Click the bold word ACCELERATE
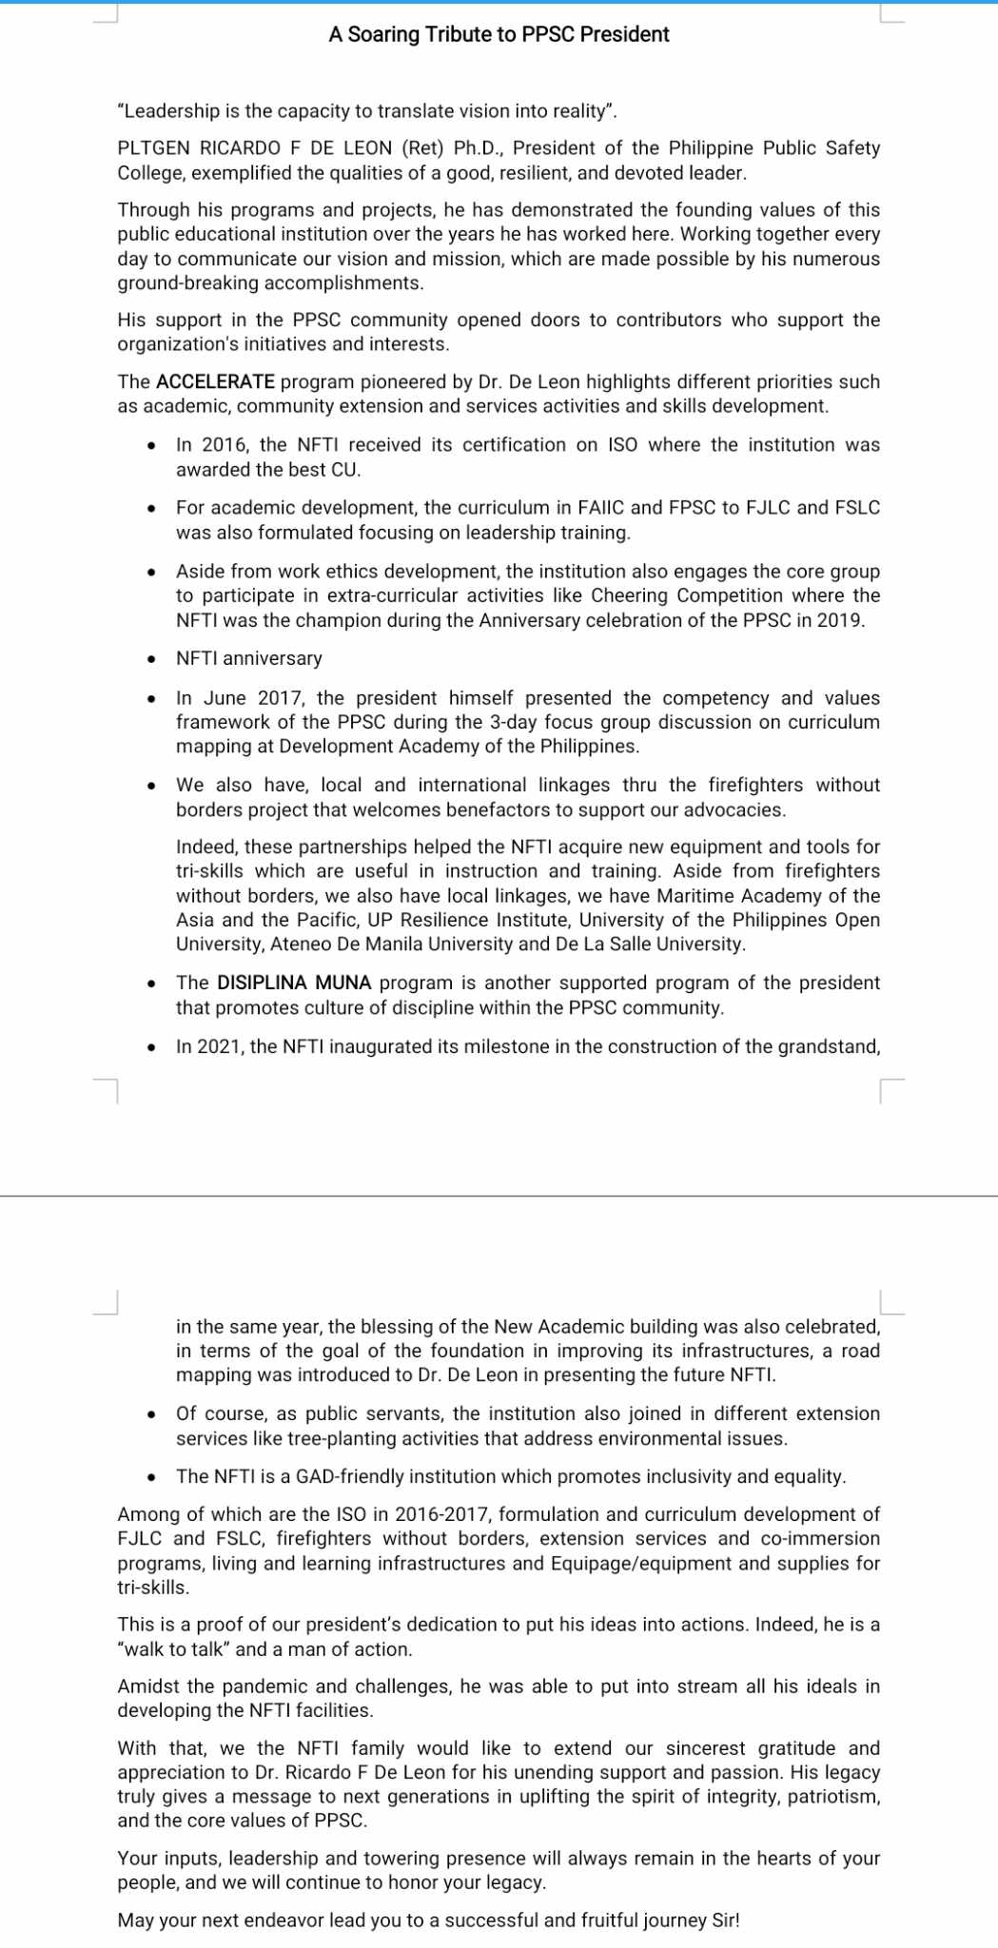pyautogui.click(x=215, y=382)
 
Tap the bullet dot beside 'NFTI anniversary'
pyautogui.click(x=152, y=659)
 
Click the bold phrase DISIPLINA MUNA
pyautogui.click(x=294, y=984)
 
